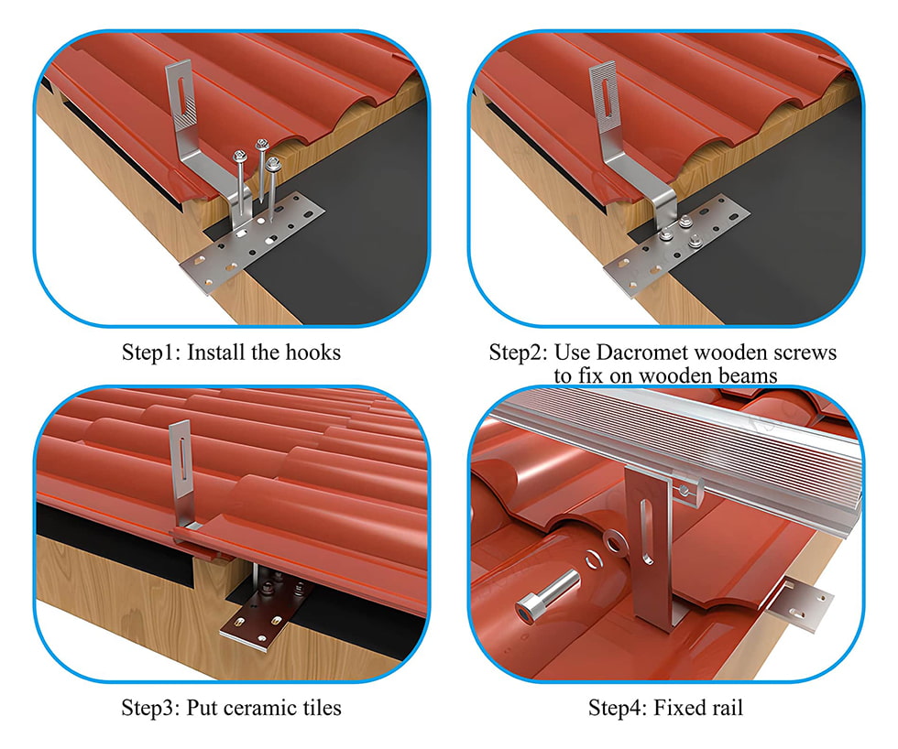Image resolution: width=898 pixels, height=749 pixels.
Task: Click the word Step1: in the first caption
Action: [151, 353]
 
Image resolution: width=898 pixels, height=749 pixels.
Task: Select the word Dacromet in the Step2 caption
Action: [627, 353]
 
